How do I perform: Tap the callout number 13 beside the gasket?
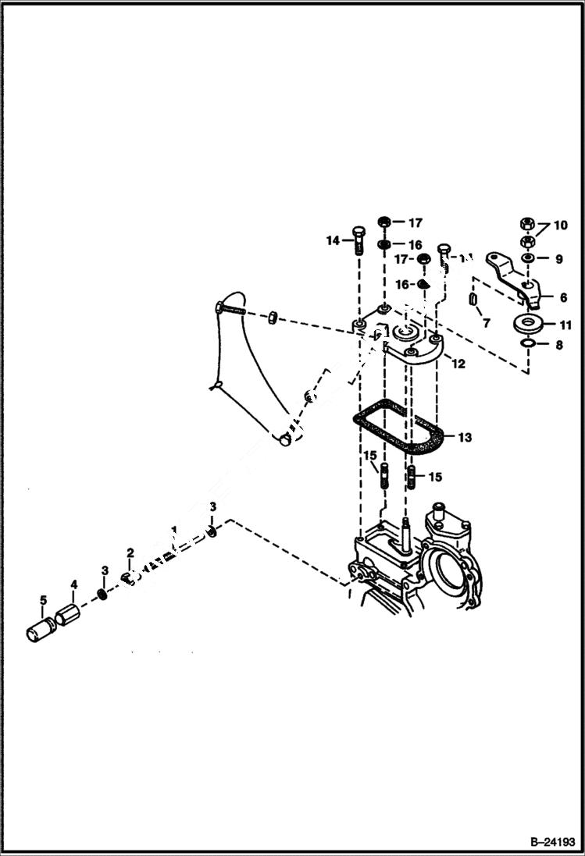click(x=465, y=438)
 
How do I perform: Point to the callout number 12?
click(x=458, y=363)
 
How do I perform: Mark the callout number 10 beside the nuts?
click(x=562, y=226)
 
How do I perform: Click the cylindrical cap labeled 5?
click(x=37, y=629)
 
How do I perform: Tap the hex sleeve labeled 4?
click(x=66, y=613)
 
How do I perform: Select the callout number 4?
click(x=74, y=584)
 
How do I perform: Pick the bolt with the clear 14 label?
click(x=358, y=240)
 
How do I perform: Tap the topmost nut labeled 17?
click(x=385, y=222)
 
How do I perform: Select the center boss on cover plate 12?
click(x=405, y=334)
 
